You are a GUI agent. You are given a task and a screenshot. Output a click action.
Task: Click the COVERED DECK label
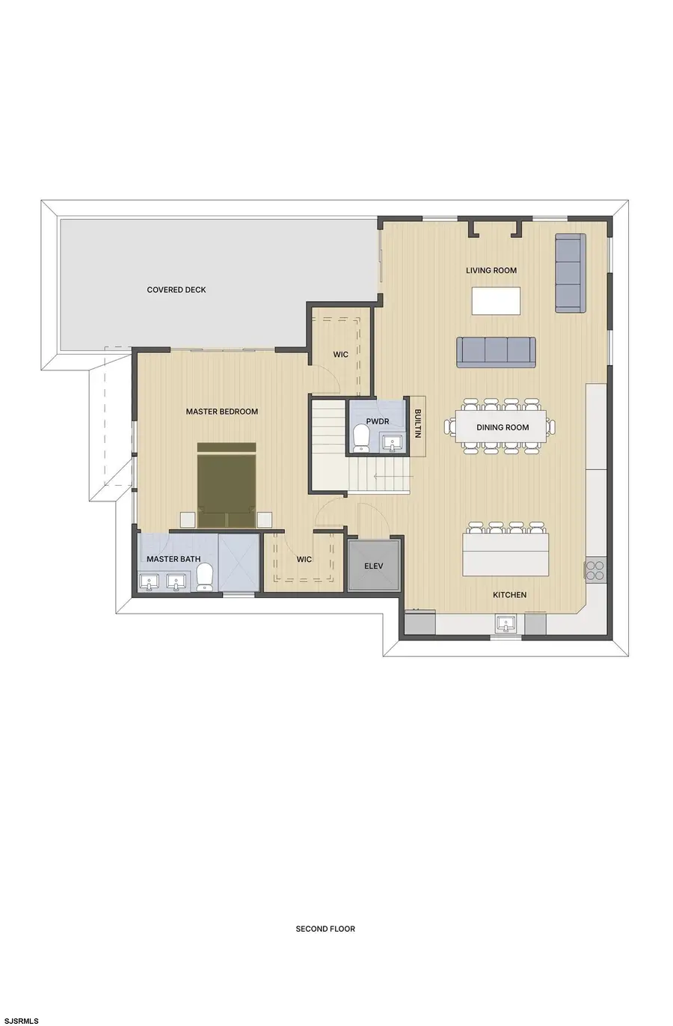point(176,290)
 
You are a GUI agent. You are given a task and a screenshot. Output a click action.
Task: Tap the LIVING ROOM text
point(491,271)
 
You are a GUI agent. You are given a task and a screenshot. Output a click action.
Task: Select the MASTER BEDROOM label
point(222,412)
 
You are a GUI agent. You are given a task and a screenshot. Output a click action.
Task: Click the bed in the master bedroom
point(227,485)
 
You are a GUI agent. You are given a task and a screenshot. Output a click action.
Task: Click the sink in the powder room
point(392,443)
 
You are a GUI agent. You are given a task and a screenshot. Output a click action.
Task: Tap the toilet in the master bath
point(204,577)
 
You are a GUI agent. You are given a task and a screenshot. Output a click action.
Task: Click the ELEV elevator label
point(374,566)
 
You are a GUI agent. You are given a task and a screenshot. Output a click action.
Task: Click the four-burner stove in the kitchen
point(596,570)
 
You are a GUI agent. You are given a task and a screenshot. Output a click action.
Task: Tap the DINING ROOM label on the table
point(503,428)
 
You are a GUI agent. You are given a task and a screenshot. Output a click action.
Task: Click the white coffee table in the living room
point(497,301)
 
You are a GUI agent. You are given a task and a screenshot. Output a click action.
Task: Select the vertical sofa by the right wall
point(571,273)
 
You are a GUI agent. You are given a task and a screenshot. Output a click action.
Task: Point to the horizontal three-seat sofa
point(496,352)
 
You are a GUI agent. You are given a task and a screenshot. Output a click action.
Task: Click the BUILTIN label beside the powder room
point(417,424)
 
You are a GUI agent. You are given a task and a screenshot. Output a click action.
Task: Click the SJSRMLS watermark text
point(22,1021)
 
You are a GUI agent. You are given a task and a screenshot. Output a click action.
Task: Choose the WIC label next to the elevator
point(304,559)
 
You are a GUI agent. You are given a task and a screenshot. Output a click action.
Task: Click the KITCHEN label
point(509,595)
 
